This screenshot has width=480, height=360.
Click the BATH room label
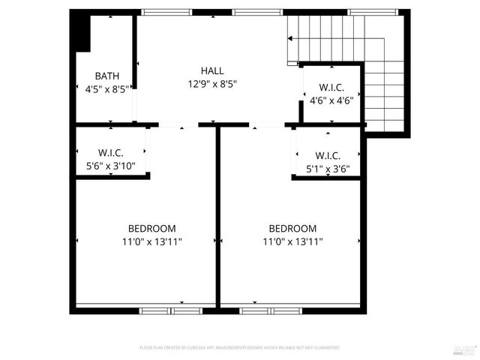[107, 76]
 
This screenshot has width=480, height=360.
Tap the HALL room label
[212, 70]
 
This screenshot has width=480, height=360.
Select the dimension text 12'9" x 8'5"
[212, 84]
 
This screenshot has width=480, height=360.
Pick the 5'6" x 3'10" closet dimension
[112, 166]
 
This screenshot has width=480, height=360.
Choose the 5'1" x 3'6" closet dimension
[327, 169]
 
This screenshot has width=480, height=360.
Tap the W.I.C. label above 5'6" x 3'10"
[112, 153]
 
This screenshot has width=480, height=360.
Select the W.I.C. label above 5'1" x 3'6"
[327, 156]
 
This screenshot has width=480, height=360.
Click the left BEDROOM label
[151, 229]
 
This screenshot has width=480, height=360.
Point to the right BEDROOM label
[292, 229]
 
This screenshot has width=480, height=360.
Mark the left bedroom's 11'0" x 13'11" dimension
[151, 242]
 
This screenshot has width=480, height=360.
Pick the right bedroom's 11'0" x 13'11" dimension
[292, 242]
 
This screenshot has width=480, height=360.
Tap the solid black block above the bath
[80, 33]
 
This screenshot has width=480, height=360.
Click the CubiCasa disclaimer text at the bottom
[240, 348]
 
